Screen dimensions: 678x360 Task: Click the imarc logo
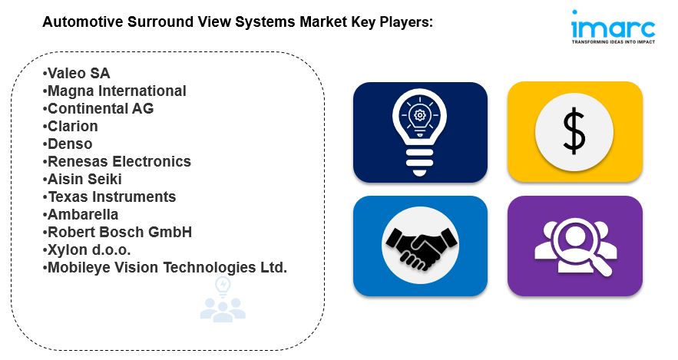(x=614, y=27)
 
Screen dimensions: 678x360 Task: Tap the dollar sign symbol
(x=574, y=131)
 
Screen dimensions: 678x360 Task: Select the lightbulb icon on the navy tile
(x=419, y=132)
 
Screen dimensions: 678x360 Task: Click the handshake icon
(x=420, y=246)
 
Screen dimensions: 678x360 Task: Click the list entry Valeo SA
(x=77, y=74)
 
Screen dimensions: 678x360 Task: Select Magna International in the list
(x=114, y=91)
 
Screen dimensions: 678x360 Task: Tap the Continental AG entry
(x=98, y=108)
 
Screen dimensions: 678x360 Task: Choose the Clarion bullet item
(x=71, y=126)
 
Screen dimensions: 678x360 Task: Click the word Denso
(x=70, y=144)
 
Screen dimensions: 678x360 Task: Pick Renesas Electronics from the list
(x=117, y=162)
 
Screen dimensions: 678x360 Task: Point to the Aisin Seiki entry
(x=82, y=180)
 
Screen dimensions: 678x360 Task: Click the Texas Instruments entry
(x=109, y=197)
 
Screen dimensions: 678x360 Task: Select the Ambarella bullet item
(x=81, y=215)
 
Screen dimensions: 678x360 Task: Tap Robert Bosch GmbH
(x=117, y=232)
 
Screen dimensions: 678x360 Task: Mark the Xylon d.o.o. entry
(x=87, y=249)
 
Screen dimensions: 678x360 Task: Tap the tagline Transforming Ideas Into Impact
(x=614, y=42)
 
